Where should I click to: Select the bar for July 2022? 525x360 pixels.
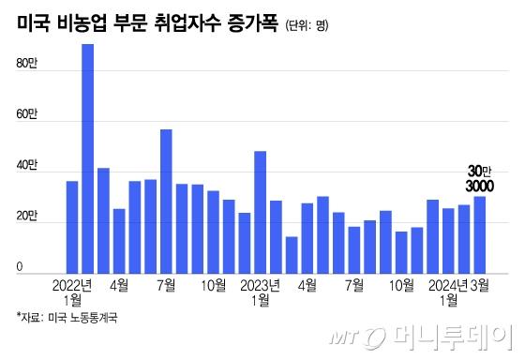coord(166,201)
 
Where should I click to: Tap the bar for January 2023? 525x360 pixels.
coord(260,211)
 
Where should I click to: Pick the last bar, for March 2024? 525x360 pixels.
coord(479,234)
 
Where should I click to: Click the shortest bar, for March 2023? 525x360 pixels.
coord(292,254)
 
